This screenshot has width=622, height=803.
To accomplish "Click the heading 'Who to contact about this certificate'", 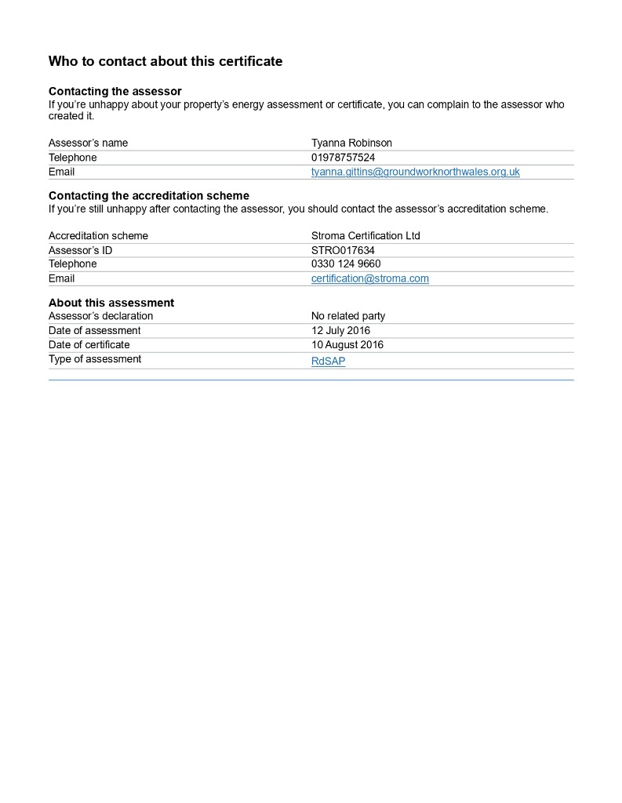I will pyautogui.click(x=165, y=61).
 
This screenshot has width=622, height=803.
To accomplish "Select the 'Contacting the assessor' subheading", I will pyautogui.click(x=115, y=92).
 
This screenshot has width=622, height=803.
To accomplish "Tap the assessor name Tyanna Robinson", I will pyautogui.click(x=351, y=143).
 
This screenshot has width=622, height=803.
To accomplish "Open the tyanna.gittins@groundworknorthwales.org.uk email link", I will pyautogui.click(x=415, y=172).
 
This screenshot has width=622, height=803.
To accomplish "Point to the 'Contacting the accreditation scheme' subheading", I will pyautogui.click(x=148, y=195).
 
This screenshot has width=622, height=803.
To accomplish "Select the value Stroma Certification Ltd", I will pyautogui.click(x=366, y=236).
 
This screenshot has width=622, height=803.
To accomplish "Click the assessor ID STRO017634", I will pyautogui.click(x=343, y=250).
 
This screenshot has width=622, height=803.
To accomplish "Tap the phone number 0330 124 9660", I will pyautogui.click(x=346, y=264).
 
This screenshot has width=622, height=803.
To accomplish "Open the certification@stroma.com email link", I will pyautogui.click(x=369, y=278).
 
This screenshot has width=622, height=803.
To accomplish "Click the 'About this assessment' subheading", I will pyautogui.click(x=111, y=303).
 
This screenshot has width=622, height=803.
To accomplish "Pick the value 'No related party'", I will pyautogui.click(x=347, y=316).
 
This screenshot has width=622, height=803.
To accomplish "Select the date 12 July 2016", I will pyautogui.click(x=340, y=331).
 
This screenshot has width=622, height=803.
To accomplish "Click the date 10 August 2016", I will pyautogui.click(x=347, y=345).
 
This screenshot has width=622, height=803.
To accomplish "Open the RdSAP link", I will pyautogui.click(x=328, y=362).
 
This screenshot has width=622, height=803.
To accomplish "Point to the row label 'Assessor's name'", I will pyautogui.click(x=88, y=143).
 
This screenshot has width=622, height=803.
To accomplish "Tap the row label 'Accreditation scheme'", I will pyautogui.click(x=98, y=236).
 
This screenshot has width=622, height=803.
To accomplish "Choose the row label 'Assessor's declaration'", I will pyautogui.click(x=100, y=316).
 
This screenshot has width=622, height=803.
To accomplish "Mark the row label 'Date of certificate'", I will pyautogui.click(x=89, y=345).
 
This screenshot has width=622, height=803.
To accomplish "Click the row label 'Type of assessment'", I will pyautogui.click(x=94, y=359).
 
